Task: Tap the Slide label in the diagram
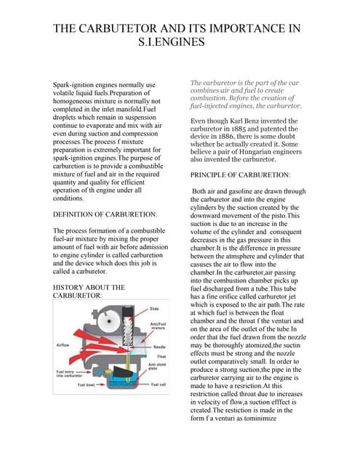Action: click(154, 310)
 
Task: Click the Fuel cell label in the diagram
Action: click(158, 384)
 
